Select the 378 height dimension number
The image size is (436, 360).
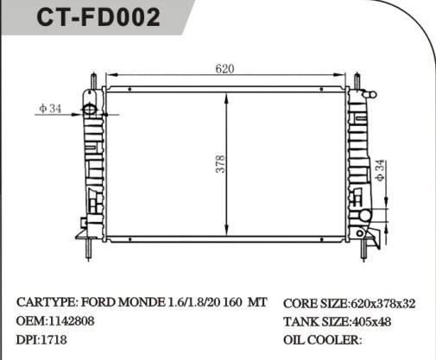pyautogui.click(x=219, y=163)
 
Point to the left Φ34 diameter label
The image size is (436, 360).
pyautogui.click(x=49, y=109)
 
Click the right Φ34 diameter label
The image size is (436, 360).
pyautogui.click(x=381, y=170)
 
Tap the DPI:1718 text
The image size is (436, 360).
pyautogui.click(x=41, y=339)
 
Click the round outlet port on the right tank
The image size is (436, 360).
pyautogui.click(x=365, y=216)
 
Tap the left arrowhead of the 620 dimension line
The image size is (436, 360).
pyautogui.click(x=109, y=76)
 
